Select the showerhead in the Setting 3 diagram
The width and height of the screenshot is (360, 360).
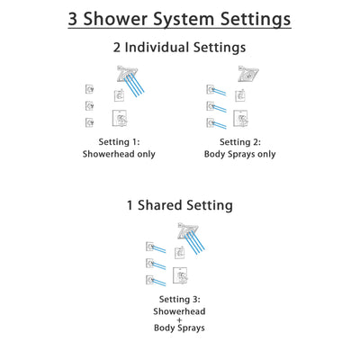(186, 229)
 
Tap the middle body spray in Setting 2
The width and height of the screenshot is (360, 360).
(211, 105)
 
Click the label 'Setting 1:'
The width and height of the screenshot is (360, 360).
(120, 141)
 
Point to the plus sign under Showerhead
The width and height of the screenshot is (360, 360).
(180, 322)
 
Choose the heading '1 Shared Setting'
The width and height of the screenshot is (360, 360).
(180, 205)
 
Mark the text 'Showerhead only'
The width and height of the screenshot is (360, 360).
(120, 154)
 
